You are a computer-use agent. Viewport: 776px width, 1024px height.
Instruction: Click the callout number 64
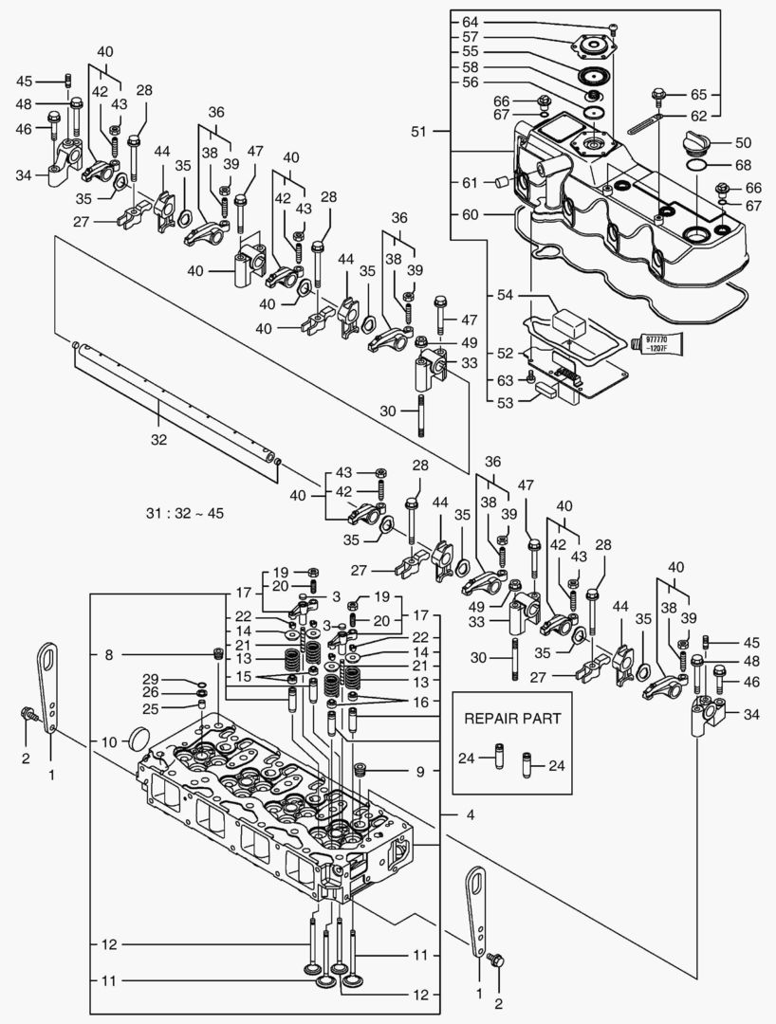(471, 21)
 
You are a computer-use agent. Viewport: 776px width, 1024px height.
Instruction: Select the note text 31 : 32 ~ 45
(183, 513)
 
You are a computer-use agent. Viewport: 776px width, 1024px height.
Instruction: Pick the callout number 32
(158, 439)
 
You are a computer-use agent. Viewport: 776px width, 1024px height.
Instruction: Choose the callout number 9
(419, 772)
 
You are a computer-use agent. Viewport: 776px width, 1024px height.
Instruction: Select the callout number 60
(471, 214)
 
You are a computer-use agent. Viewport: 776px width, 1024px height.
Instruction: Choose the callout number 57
(471, 36)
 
